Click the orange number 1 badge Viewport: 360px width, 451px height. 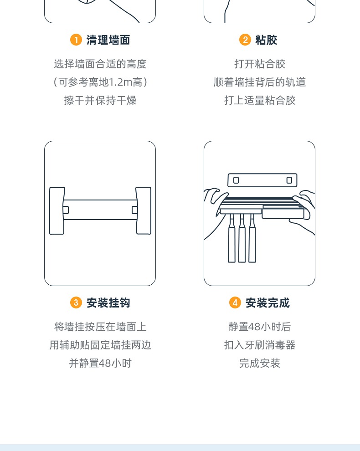76,40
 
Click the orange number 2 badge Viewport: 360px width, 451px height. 245,40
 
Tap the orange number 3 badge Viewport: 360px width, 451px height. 76,303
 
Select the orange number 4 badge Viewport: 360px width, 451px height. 235,303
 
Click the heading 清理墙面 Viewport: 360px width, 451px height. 108,40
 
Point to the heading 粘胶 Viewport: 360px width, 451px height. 266,40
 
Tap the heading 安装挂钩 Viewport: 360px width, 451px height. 108,303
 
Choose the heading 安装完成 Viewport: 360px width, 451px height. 267,303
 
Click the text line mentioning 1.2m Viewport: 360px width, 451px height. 100,82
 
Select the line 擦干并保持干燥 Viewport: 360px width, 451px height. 100,100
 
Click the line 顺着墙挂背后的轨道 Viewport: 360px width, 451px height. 260,82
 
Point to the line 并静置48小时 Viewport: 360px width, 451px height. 100,363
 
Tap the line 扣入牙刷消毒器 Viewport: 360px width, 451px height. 260,345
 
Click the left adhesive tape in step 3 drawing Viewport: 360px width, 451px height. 57,210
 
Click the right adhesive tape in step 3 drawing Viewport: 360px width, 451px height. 144,210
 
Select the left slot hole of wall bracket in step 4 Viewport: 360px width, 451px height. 236,180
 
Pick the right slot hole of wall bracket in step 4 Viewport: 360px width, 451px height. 289,180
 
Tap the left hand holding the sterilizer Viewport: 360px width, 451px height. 213,205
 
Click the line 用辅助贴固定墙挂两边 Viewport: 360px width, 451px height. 100,345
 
